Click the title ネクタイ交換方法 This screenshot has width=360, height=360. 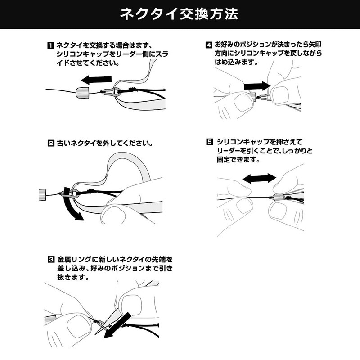180,14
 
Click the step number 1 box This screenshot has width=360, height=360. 51,45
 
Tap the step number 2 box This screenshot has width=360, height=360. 51,144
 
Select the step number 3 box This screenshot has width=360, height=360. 51,260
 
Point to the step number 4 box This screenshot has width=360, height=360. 209,45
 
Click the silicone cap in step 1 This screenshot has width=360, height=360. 82,93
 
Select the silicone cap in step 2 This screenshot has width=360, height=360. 41,194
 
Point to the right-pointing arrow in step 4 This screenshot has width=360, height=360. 257,85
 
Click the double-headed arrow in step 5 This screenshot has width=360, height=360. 259,178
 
